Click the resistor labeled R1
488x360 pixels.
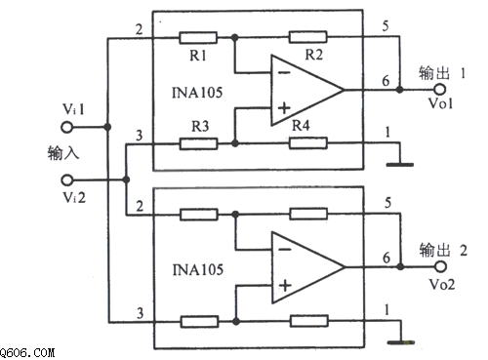click(x=198, y=38)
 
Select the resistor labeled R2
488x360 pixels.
click(x=307, y=37)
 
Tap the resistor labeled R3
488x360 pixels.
click(x=198, y=143)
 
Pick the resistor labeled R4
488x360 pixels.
click(x=308, y=142)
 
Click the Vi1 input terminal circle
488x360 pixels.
click(x=67, y=127)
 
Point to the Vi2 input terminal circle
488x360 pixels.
click(x=67, y=180)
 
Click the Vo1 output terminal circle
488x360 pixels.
click(x=439, y=89)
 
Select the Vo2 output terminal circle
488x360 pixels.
click(x=440, y=266)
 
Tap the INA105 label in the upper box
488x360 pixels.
click(x=197, y=93)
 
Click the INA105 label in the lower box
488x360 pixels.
click(x=197, y=270)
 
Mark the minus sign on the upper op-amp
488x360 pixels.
click(x=284, y=72)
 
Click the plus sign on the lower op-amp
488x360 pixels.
click(x=285, y=286)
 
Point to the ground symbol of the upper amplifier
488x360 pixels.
click(x=400, y=165)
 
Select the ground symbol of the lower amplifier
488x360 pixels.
click(x=401, y=342)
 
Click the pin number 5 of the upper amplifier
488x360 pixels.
click(x=386, y=26)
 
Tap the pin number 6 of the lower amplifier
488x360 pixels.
click(x=386, y=258)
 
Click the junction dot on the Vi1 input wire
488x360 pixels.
click(x=107, y=127)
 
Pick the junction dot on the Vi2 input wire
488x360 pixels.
click(x=126, y=180)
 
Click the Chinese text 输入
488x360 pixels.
click(x=63, y=153)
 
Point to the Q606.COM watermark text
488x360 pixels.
click(x=27, y=352)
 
